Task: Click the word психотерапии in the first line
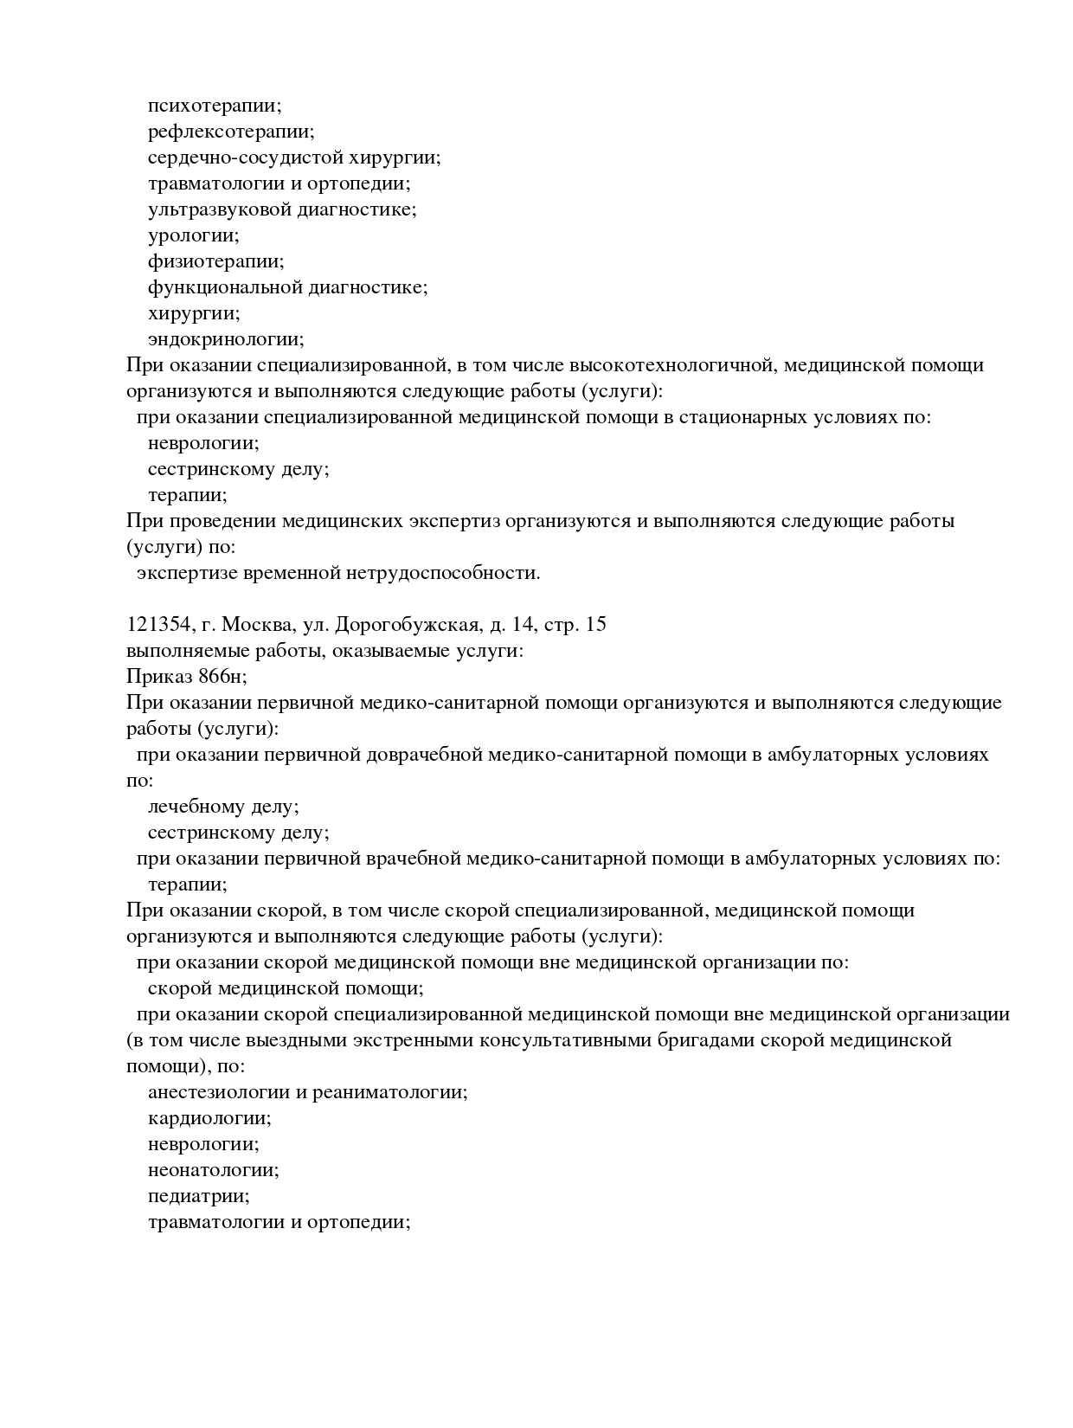(213, 106)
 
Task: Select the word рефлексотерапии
(229, 132)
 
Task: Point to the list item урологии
(193, 235)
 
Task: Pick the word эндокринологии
(224, 339)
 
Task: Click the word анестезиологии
(220, 1092)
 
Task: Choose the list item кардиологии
(209, 1118)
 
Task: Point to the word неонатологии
(213, 1170)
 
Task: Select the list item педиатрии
(198, 1196)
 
